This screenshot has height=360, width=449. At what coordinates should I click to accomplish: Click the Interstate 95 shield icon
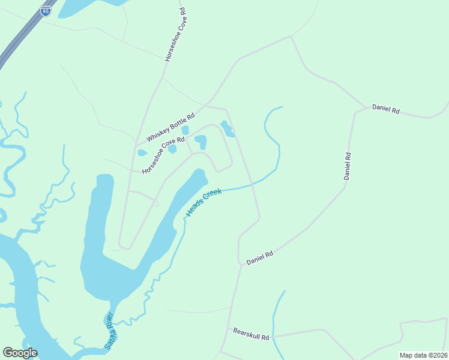click(x=46, y=11)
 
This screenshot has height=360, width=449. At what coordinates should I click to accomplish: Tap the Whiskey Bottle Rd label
click(x=171, y=127)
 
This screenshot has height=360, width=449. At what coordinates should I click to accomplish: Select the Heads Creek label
click(x=204, y=203)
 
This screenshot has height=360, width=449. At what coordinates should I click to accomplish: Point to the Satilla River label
click(x=109, y=331)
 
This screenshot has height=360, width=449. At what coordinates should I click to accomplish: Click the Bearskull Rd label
click(x=252, y=334)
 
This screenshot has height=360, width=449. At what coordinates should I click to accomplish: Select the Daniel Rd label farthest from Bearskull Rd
click(x=386, y=109)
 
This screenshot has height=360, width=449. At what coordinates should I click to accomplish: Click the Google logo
click(x=20, y=353)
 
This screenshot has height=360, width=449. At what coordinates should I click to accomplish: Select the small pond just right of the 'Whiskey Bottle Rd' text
click(x=185, y=130)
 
